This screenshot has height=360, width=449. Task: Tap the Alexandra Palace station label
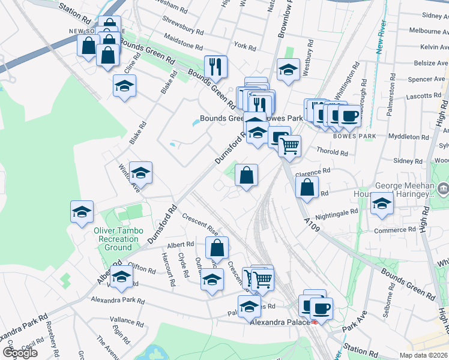click(280, 322)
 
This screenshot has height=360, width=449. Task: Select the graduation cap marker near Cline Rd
click(124, 86)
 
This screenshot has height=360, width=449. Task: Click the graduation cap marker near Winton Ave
click(140, 173)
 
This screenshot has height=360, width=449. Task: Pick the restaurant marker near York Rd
click(215, 67)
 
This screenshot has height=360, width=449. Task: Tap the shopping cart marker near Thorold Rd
click(289, 146)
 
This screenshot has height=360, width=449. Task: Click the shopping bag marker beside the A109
click(307, 187)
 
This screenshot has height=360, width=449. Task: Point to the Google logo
click(20, 353)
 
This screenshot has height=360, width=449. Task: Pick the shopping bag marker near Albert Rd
click(217, 247)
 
